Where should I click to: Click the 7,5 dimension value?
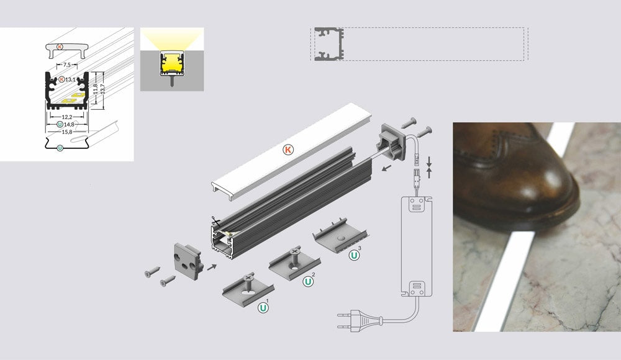tap(66, 65)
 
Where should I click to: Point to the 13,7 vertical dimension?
tap(102, 91)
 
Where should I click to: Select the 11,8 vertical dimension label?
tap(95, 90)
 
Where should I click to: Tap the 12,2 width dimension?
tap(67, 117)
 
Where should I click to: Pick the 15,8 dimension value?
tap(67, 132)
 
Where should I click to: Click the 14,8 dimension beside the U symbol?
tap(70, 124)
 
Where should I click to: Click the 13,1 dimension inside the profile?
tap(71, 79)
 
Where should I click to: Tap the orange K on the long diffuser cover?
tap(288, 150)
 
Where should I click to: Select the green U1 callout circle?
tap(263, 307)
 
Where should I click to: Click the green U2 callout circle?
tap(308, 282)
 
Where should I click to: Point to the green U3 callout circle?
tap(354, 255)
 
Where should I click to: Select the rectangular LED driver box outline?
tap(416, 246)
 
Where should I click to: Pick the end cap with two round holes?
tap(188, 260)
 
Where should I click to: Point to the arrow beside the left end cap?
tap(212, 268)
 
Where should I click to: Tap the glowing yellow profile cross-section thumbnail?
tap(172, 60)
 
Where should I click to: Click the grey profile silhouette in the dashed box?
tap(329, 44)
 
